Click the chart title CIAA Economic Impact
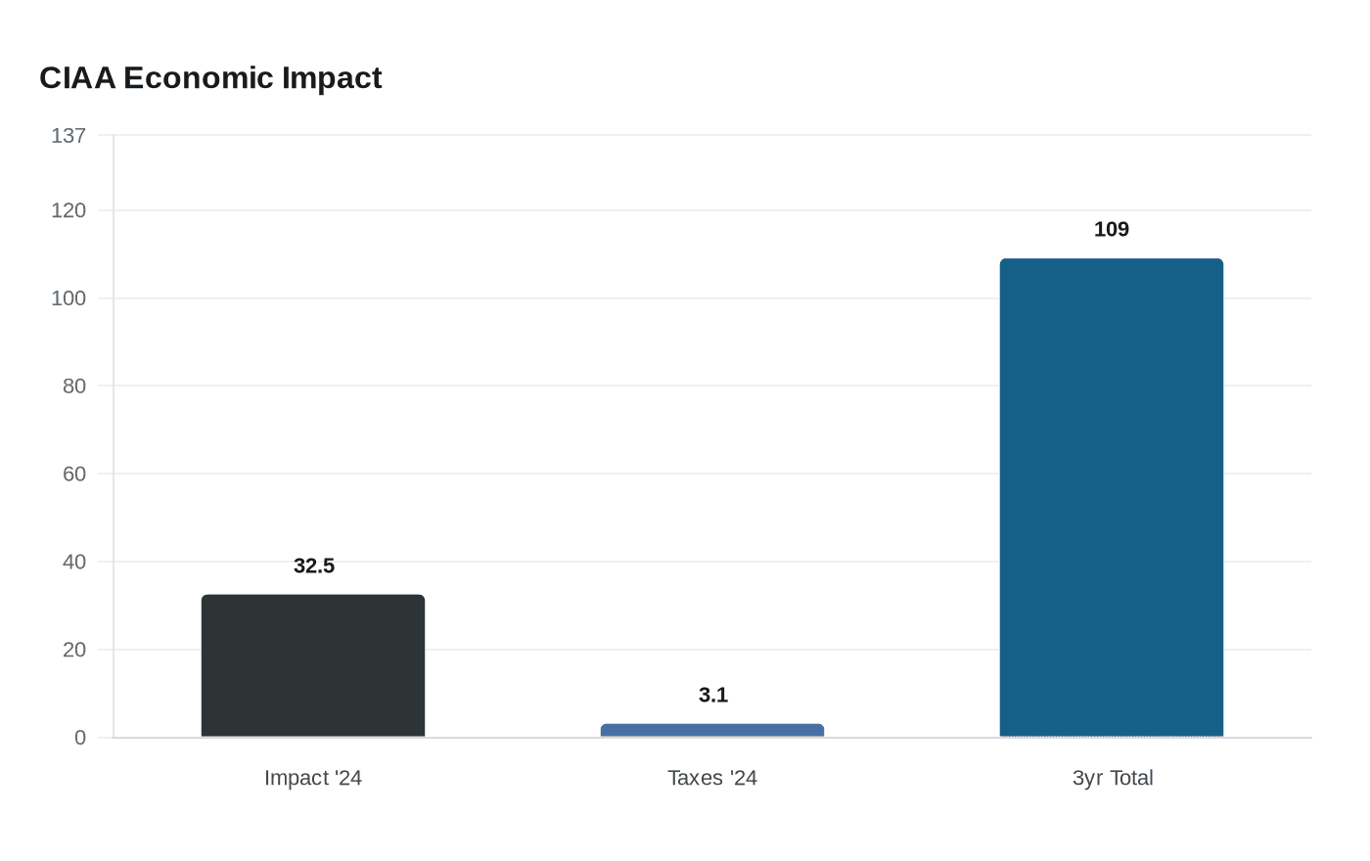(x=210, y=77)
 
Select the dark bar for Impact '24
(x=313, y=665)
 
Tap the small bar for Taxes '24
(x=712, y=730)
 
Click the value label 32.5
(x=314, y=566)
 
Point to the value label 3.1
(x=713, y=695)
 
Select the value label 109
(x=1112, y=229)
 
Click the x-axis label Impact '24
(x=313, y=778)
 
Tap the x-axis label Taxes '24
(x=712, y=778)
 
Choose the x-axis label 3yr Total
(x=1113, y=778)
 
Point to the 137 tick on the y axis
(x=68, y=136)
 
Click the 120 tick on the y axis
(x=68, y=210)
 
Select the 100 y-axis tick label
(x=68, y=298)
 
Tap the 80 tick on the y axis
(x=74, y=386)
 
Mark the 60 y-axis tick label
(x=74, y=475)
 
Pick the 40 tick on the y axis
(x=74, y=562)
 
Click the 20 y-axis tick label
(x=74, y=650)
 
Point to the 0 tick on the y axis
(x=80, y=738)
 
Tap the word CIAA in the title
(x=77, y=77)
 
